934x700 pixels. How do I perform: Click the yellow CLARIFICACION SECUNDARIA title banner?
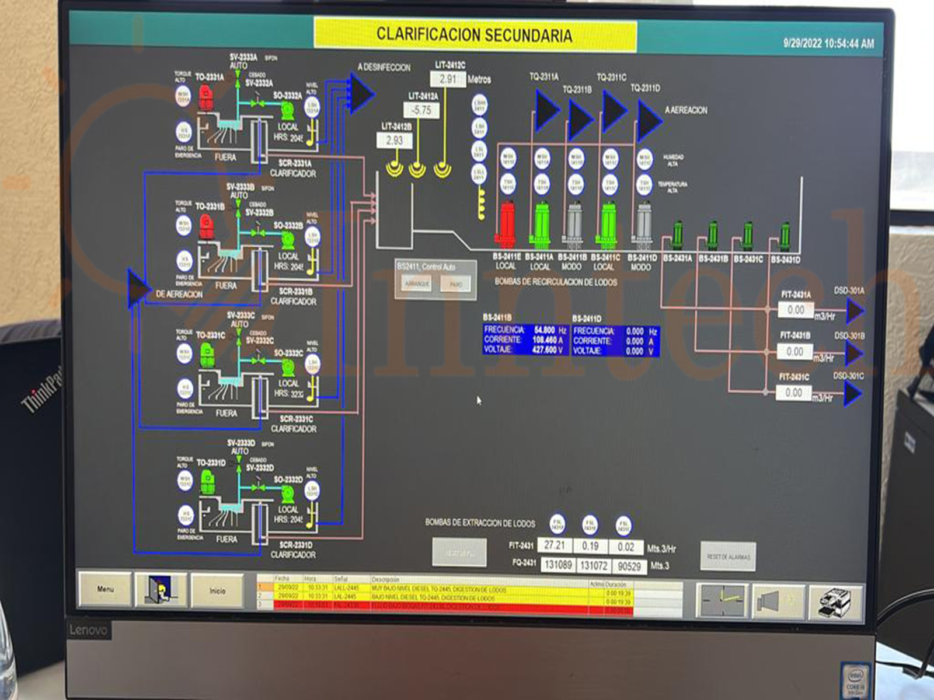[474, 34]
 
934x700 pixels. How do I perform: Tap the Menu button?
[105, 590]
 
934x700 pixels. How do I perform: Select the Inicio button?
[217, 591]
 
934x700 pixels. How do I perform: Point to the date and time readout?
[828, 43]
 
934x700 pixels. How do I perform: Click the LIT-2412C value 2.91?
[448, 79]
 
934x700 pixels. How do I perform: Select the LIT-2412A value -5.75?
[421, 110]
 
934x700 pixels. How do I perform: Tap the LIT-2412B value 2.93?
[394, 140]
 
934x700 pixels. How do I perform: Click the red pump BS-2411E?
[506, 225]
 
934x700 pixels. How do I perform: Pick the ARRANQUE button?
[417, 284]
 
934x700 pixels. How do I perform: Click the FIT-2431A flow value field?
[795, 310]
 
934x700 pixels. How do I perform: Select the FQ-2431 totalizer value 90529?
[629, 566]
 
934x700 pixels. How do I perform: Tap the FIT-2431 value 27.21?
[554, 545]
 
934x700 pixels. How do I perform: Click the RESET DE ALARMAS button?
[728, 557]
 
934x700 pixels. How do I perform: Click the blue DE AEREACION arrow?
[138, 288]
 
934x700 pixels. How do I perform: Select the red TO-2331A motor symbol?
[205, 97]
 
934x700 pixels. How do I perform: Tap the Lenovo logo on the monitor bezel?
[89, 630]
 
